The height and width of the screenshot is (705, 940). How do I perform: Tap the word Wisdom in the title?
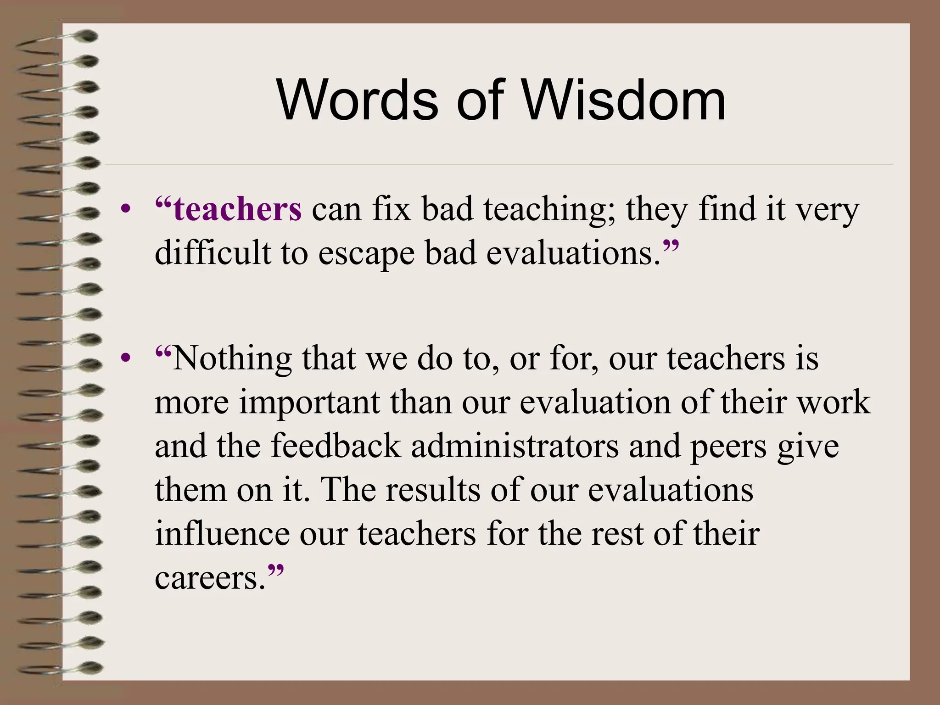pos(624,100)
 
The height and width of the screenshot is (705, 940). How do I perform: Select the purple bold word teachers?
pos(238,209)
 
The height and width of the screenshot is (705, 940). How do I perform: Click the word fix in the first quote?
pos(391,209)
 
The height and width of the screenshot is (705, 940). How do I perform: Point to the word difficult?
pos(213,253)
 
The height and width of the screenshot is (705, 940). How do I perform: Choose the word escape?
pos(366,254)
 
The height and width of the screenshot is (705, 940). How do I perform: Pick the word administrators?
pos(515,446)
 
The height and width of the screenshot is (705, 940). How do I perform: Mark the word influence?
pos(222,533)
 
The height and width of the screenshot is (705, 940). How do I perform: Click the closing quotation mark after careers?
pos(275,571)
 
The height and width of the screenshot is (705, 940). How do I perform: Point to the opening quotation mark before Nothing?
pos(163,352)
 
